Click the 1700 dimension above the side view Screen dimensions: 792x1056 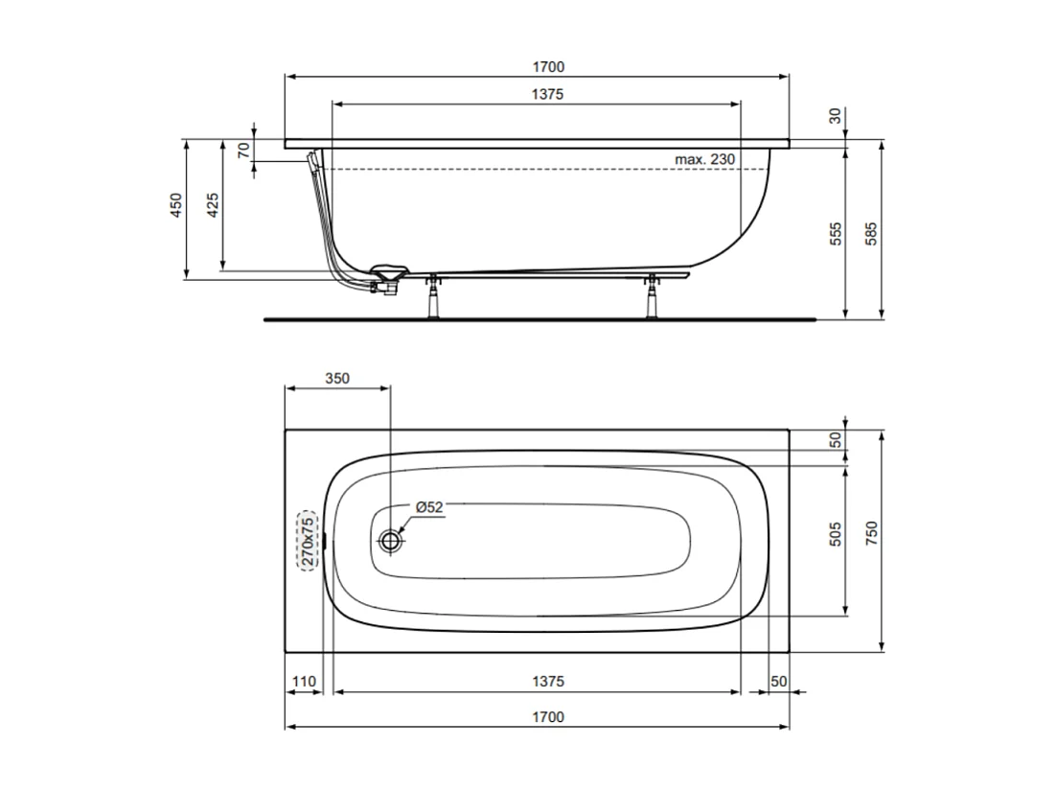pos(549,67)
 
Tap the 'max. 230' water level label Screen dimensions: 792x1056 pos(704,159)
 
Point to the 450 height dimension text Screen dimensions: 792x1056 pos(175,207)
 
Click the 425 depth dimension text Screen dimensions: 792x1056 pos(213,207)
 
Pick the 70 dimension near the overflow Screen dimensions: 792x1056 pos(243,150)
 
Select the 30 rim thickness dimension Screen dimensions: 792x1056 pos(835,115)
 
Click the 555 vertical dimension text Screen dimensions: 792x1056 pos(835,235)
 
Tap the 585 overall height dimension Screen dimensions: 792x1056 pos(871,235)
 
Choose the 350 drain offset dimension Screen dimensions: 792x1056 pos(336,378)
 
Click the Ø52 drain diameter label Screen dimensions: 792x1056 pos(428,508)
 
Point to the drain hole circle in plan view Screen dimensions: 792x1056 pos(391,541)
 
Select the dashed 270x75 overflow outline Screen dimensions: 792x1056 pos(308,540)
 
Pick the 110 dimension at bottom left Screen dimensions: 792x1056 pos(304,682)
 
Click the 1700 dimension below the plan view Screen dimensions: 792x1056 pos(549,717)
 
